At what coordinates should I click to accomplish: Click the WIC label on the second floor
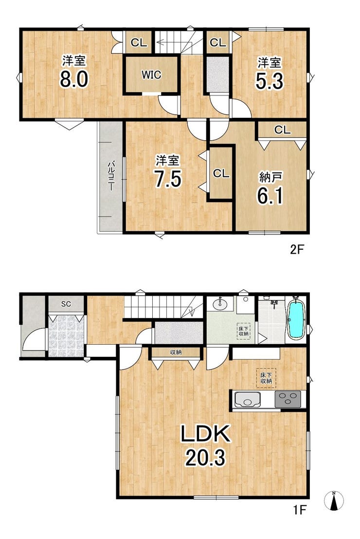point(151,74)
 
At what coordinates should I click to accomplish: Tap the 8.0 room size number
point(74,79)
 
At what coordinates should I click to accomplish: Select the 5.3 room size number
point(270,81)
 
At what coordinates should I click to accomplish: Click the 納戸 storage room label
point(270,177)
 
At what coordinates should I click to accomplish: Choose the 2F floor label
point(297,249)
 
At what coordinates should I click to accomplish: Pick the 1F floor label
point(299,509)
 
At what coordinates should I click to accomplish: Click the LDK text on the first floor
point(205,434)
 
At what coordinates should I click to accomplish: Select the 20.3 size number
point(205,458)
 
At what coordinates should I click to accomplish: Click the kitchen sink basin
point(246,400)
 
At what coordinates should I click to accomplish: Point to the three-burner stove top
point(288,399)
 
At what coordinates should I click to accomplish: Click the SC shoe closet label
point(66,304)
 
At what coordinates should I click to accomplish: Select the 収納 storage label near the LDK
point(176,353)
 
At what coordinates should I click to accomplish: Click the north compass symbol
point(334,500)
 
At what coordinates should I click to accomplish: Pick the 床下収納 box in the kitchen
point(266,378)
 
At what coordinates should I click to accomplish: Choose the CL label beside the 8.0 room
point(139,43)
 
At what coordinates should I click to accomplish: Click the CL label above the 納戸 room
point(282,130)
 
